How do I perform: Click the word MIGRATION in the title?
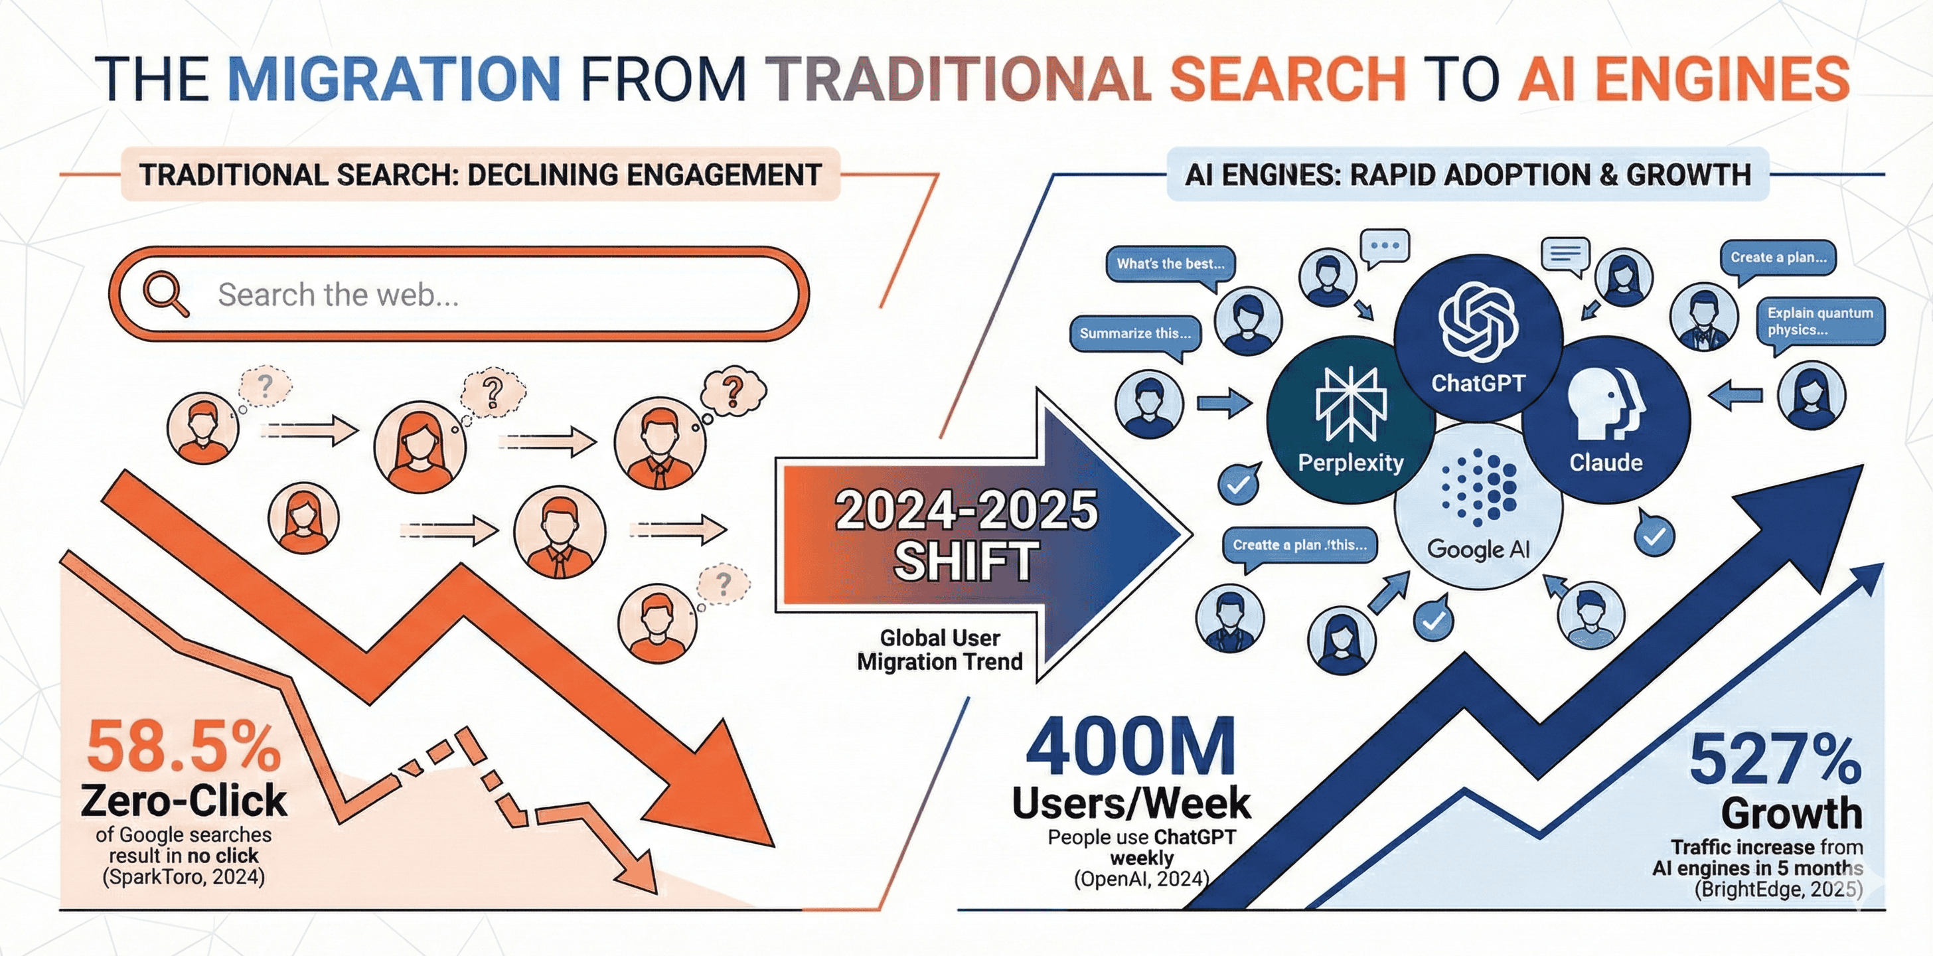(x=393, y=78)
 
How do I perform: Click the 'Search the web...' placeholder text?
(x=338, y=295)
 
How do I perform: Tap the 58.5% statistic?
(x=184, y=748)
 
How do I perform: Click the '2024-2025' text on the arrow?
(x=966, y=511)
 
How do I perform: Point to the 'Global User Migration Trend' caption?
(x=939, y=650)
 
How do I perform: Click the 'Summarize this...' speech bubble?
(x=1134, y=334)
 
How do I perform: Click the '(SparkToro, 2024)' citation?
(x=184, y=876)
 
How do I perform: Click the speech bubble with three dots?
(x=1385, y=246)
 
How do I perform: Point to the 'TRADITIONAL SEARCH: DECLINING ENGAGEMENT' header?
(x=480, y=175)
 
